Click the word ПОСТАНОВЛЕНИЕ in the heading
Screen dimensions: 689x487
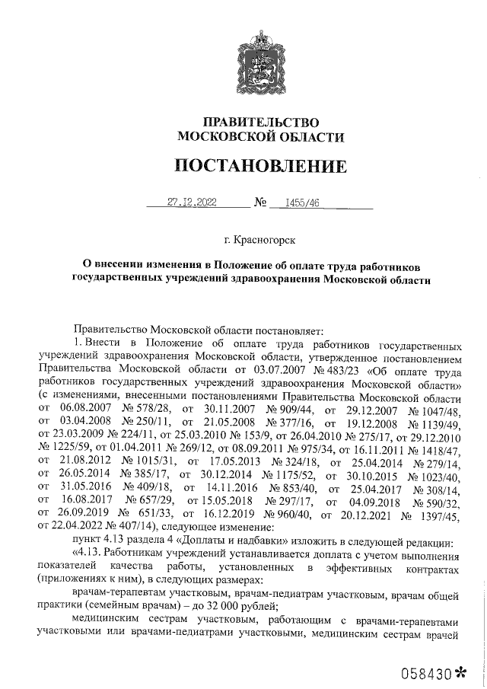259,165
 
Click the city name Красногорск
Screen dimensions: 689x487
265,240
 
